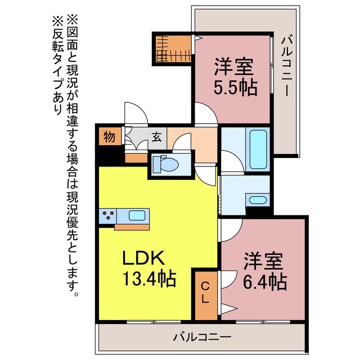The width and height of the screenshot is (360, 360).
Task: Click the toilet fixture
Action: (x=166, y=164)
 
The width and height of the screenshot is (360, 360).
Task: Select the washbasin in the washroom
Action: (x=258, y=200)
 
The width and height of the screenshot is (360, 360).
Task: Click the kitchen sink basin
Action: (x=137, y=215)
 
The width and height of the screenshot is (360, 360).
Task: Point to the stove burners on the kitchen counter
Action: (x=108, y=216)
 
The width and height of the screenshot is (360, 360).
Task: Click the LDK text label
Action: (x=144, y=258)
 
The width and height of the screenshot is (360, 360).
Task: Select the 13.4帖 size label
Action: (x=150, y=278)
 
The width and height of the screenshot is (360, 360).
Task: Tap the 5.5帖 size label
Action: (x=235, y=88)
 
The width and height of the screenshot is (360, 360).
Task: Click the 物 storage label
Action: (x=109, y=137)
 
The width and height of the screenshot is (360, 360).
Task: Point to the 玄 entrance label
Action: (x=156, y=137)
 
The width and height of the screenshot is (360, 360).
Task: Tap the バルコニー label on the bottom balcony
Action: (x=202, y=337)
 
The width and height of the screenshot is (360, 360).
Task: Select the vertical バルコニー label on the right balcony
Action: (x=287, y=65)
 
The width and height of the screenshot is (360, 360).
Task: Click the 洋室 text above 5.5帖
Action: (x=234, y=66)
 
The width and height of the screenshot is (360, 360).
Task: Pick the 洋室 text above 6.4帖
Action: (x=263, y=261)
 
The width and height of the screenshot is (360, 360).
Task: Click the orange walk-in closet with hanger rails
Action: (x=173, y=49)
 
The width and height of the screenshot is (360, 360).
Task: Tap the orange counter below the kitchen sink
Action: (x=132, y=227)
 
